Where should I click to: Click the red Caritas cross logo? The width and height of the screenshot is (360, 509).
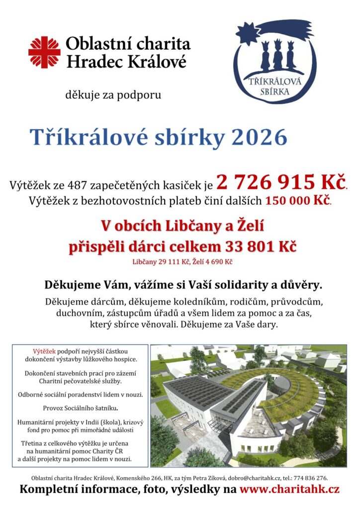44,52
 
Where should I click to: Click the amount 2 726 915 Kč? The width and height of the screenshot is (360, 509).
281,183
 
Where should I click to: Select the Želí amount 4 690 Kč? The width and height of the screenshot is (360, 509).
218,261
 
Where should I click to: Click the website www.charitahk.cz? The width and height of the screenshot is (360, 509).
289,490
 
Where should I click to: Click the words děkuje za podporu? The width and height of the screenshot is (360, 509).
113,94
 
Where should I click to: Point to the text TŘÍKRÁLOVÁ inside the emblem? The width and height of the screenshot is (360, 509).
275,83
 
